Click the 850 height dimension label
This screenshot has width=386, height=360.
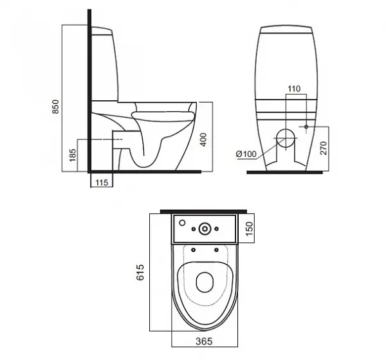click(x=56, y=107)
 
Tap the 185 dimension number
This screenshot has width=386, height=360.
click(x=73, y=155)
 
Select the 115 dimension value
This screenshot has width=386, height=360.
click(x=102, y=183)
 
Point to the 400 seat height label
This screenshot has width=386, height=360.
click(x=204, y=139)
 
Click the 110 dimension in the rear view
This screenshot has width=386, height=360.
click(x=294, y=89)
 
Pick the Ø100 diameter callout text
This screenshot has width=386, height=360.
click(x=246, y=154)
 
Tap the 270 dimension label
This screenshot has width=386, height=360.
click(x=324, y=148)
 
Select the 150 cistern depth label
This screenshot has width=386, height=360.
click(x=250, y=229)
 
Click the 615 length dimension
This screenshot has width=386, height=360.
click(x=140, y=272)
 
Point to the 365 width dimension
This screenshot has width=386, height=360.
click(x=204, y=341)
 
